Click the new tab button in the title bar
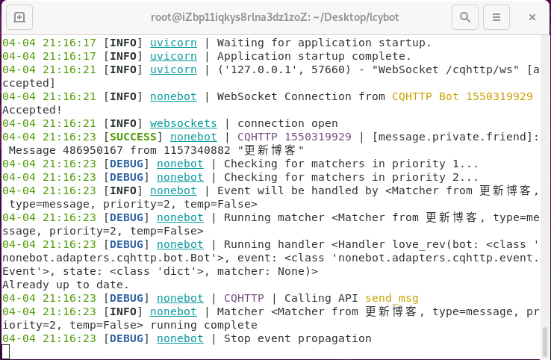coord(19,17)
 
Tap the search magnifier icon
coord(465,17)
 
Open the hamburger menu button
coord(496,17)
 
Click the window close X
coord(532,17)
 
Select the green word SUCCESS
coord(133,137)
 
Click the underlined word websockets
coord(184,123)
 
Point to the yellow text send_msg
coord(392,299)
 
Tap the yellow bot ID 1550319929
coord(499,96)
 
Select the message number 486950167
coord(93,150)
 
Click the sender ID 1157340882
coord(197,150)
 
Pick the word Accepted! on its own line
coord(32,110)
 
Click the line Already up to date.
coord(66,285)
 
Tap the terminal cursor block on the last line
coord(6,352)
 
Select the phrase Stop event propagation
coord(298,338)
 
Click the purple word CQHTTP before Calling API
coord(244,299)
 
